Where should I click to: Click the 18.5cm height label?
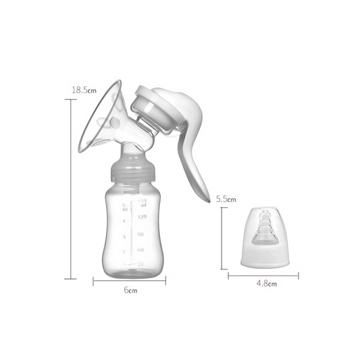point(83,89)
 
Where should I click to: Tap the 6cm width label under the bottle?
point(130,290)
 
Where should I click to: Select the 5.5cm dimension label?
point(226,199)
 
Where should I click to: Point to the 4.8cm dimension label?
point(266,284)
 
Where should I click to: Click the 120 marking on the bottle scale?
point(142,217)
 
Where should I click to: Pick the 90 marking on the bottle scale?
point(141,234)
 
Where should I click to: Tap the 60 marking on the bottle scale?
point(141,250)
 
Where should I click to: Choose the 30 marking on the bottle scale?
point(141,264)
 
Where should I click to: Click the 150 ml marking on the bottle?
point(142,201)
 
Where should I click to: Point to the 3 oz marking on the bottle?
point(124,237)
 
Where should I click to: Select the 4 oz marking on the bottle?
point(124,220)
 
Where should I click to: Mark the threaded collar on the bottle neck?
point(130,173)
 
